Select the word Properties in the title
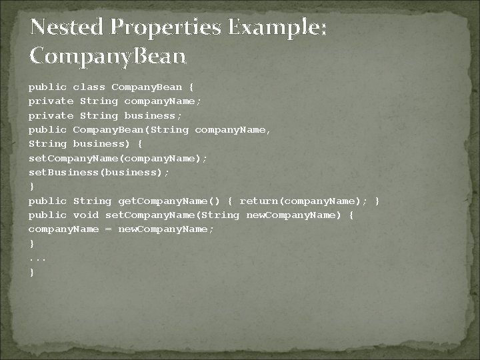pyautogui.click(x=166, y=27)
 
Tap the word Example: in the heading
pyautogui.click(x=278, y=27)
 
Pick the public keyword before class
pyautogui.click(x=47, y=87)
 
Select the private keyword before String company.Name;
pyautogui.click(x=51, y=101)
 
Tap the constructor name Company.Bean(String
pyautogui.click(x=131, y=129)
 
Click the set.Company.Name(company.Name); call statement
pyautogui.click(x=118, y=158)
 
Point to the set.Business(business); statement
pyautogui.click(x=99, y=172)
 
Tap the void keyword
pyautogui.click(x=86, y=215)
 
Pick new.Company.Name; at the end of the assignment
pyautogui.click(x=166, y=229)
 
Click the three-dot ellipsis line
pyautogui.click(x=37, y=258)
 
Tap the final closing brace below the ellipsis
pyautogui.click(x=31, y=272)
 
